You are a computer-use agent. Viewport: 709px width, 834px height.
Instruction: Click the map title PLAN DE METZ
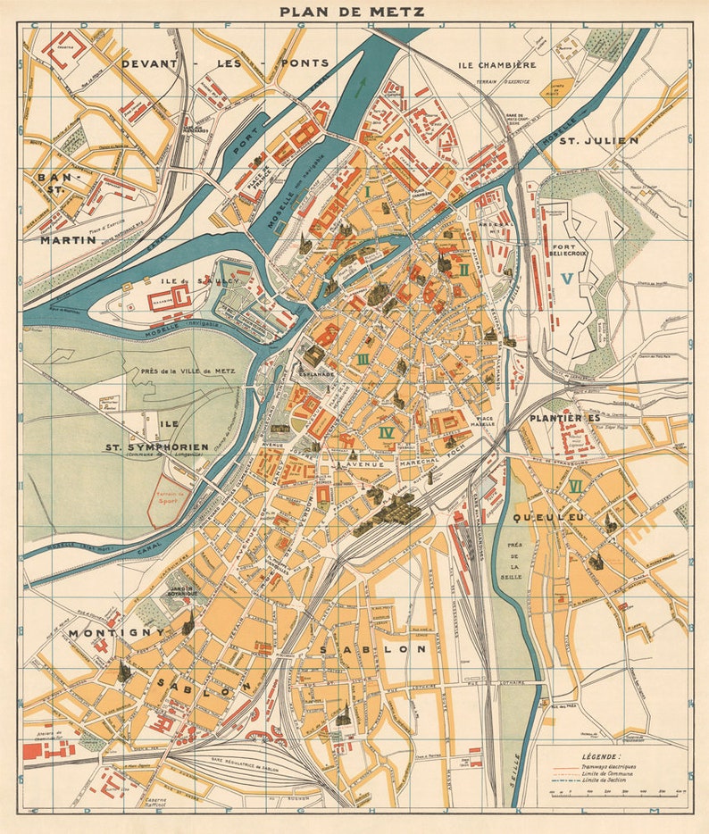coord(352,12)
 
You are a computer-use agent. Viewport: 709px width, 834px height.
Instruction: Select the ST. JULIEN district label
coord(598,140)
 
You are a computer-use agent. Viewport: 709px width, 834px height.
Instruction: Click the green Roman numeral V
coord(565,279)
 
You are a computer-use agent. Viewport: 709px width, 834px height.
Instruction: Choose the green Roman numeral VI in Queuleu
coord(575,487)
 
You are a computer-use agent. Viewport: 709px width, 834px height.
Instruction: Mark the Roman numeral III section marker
coord(362,359)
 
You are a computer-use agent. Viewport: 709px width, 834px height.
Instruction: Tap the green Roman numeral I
coord(366,191)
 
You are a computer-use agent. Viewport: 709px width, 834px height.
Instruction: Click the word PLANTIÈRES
coord(563,418)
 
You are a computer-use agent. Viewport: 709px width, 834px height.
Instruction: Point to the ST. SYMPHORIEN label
coord(156,446)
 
